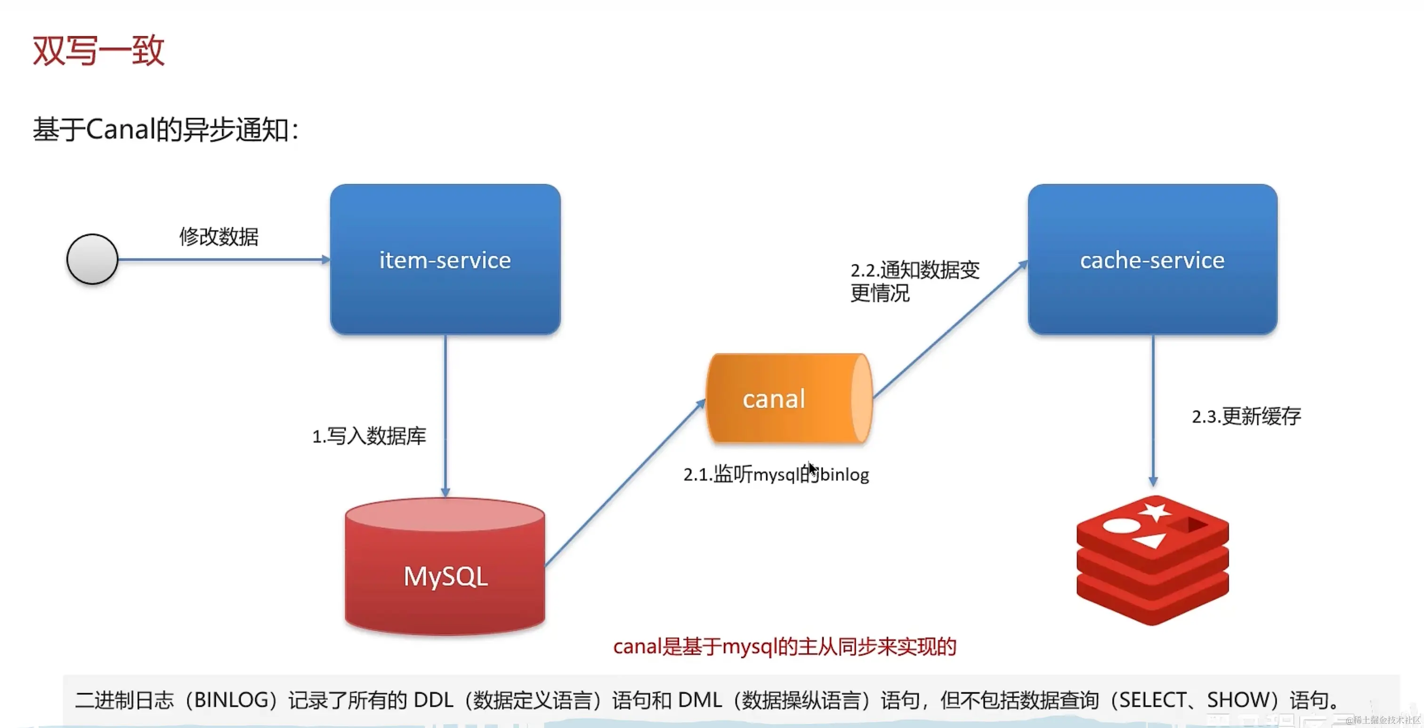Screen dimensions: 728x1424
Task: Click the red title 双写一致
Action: [x=98, y=51]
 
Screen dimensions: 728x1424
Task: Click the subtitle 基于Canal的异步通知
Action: [x=165, y=130]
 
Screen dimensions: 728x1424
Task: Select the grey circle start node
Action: [x=92, y=259]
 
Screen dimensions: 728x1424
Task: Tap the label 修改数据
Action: [x=219, y=236]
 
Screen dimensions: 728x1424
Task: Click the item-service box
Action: [x=445, y=260]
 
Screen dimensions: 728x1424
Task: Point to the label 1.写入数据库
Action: [x=369, y=436]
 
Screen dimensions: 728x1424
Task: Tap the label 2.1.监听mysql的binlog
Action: [x=776, y=474]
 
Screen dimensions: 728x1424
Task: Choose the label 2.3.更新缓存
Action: [x=1246, y=416]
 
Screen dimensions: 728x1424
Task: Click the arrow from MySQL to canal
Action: [x=625, y=483]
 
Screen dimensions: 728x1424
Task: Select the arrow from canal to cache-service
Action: [x=950, y=329]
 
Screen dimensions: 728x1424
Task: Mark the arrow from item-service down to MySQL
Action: [x=445, y=414]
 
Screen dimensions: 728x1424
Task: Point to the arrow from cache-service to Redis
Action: [x=1153, y=409]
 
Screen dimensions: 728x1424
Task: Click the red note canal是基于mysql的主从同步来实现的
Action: [x=785, y=646]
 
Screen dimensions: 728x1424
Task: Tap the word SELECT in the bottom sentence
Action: [x=1149, y=700]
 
